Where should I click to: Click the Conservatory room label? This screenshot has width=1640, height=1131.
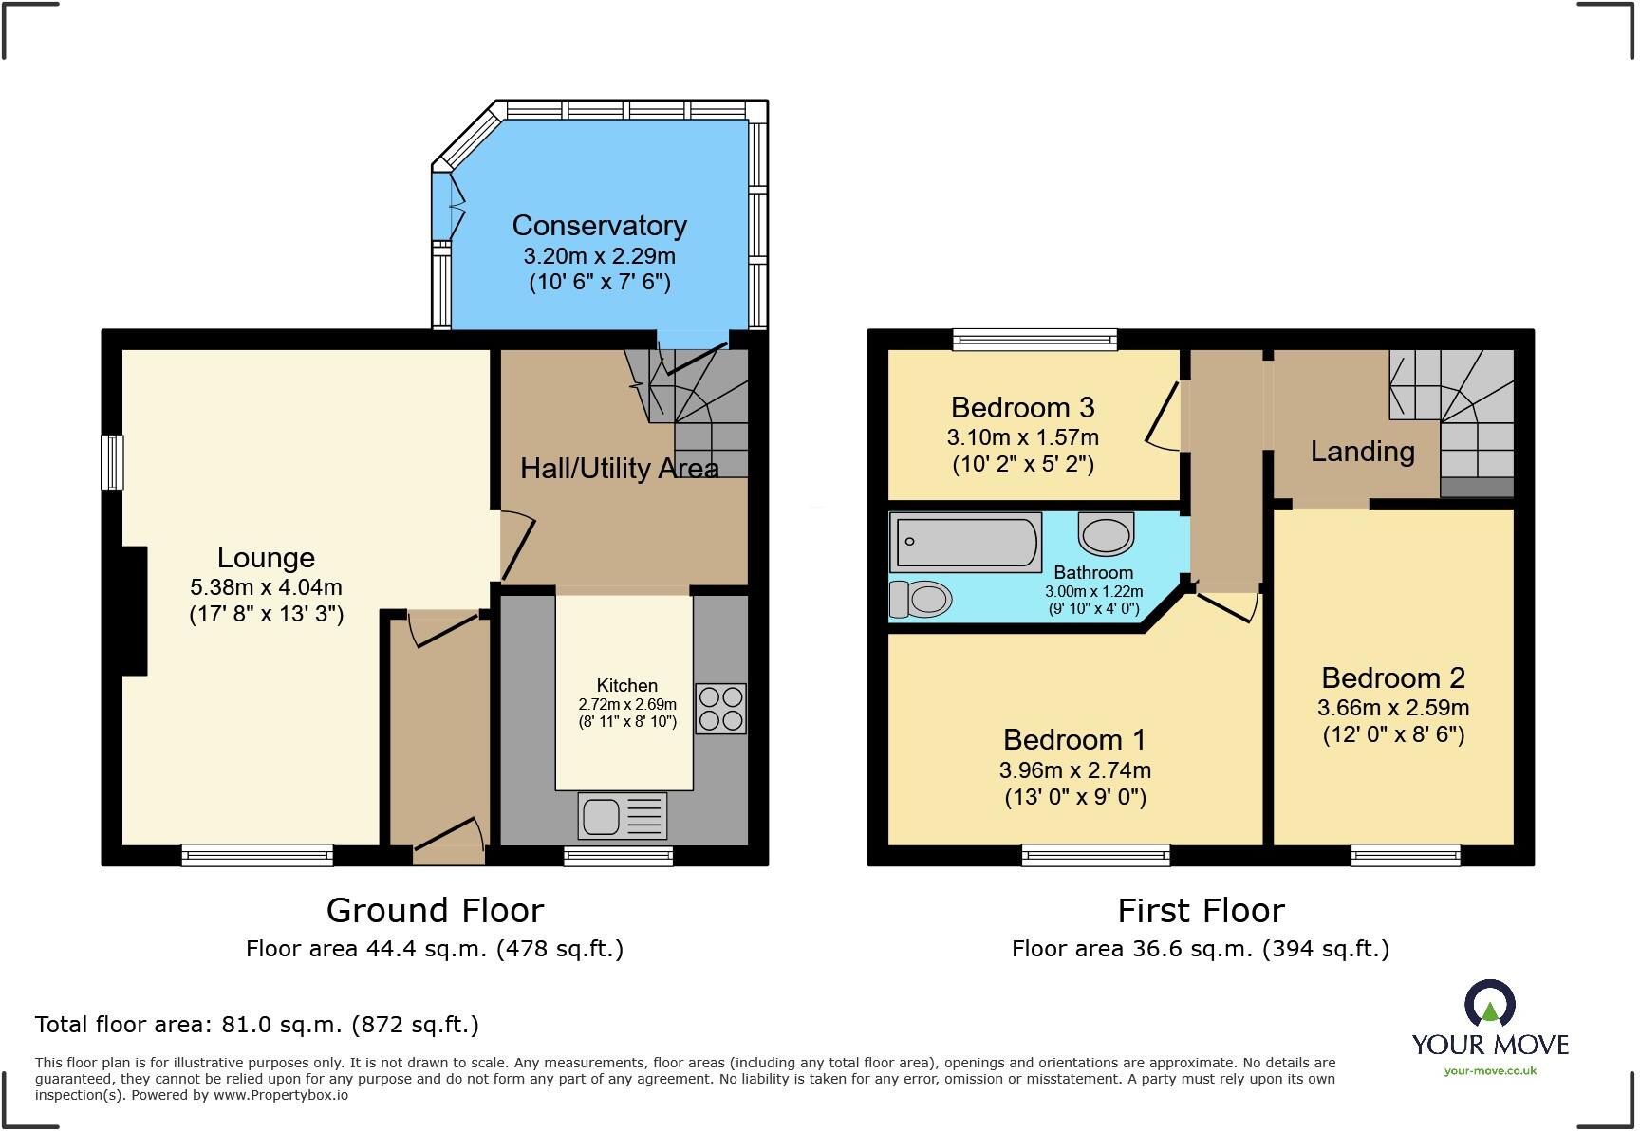coord(599,226)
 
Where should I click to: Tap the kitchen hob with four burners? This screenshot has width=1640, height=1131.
coord(720,709)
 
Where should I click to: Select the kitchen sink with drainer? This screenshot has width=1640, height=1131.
coord(622,816)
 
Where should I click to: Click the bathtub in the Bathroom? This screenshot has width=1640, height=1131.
coord(965,542)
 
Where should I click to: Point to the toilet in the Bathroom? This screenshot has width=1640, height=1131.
coord(921,599)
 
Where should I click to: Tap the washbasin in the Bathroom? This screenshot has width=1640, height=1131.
coord(1107,534)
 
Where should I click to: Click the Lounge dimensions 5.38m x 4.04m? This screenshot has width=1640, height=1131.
coord(266,587)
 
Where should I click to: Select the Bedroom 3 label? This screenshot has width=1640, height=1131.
coord(1022,408)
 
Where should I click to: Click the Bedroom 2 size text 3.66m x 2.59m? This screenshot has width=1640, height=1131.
coord(1392,708)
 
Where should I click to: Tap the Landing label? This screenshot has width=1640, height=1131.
coord(1362,452)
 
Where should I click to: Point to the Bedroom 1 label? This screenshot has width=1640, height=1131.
coord(1074,740)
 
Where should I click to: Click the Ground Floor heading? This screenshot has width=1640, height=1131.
coord(435,911)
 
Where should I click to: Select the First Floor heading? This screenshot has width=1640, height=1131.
coord(1201,911)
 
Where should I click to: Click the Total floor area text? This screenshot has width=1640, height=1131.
coord(256,1025)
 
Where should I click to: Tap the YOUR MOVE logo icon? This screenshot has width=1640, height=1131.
coord(1489,1004)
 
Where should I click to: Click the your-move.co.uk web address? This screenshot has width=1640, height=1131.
coord(1490,1071)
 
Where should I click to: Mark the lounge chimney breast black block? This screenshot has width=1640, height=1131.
coord(134,611)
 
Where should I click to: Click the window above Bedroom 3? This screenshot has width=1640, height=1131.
coord(1034,339)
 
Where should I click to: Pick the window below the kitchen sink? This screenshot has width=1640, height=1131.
coord(618,857)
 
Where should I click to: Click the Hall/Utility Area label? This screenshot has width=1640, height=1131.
coord(619,469)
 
